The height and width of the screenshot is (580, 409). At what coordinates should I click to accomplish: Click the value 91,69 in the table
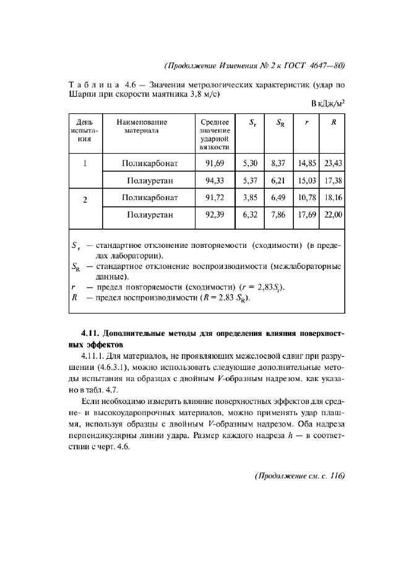[213, 164]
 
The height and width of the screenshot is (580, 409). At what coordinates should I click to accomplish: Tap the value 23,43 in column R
[333, 164]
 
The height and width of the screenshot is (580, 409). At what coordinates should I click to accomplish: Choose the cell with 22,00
[333, 215]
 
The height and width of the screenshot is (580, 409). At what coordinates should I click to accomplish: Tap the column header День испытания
[84, 131]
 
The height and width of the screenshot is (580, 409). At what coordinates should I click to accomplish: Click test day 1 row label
[84, 164]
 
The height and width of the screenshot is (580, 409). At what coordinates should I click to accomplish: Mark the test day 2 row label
[84, 199]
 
